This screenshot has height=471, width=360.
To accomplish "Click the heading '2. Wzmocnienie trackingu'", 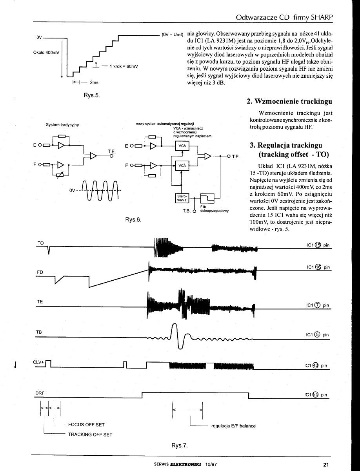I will pyautogui.click(x=289, y=101).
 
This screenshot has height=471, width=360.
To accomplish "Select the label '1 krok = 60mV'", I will pyautogui.click(x=124, y=66).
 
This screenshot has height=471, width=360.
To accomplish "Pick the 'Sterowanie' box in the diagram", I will pyautogui.click(x=181, y=198).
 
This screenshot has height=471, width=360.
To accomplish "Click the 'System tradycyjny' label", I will pyautogui.click(x=63, y=125).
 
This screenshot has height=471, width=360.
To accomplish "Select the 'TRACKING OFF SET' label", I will pyautogui.click(x=90, y=435).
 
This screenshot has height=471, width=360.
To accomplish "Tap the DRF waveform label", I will pyautogui.click(x=40, y=393).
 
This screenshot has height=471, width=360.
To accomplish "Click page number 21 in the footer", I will pyautogui.click(x=326, y=465).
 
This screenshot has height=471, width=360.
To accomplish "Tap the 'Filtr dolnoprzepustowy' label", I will pyautogui.click(x=214, y=208).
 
